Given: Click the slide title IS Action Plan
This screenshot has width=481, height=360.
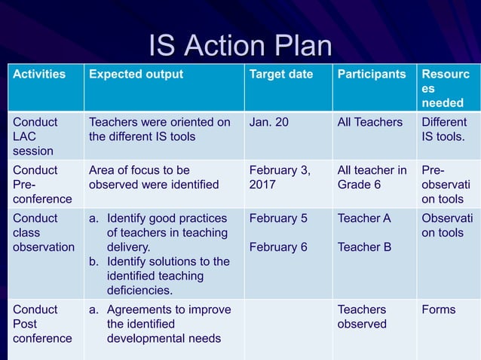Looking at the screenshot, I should tap(240, 46).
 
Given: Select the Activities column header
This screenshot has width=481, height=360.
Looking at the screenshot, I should tap(38, 75).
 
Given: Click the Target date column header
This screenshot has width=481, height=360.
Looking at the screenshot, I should tap(281, 75).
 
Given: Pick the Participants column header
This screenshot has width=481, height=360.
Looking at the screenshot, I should tap(372, 75).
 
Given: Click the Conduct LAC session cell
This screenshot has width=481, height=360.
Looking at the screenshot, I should tap(35, 136).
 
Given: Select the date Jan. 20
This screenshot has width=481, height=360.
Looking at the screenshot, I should tap(268, 122).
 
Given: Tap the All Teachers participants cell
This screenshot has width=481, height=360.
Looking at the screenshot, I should tap(370, 122).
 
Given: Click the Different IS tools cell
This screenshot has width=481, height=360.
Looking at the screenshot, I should tap(444, 130).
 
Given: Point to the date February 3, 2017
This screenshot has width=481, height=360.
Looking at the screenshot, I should tap(279, 177).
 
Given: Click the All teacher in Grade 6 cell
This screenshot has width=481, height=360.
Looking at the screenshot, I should tap(372, 177).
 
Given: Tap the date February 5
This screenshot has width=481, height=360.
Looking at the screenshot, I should tap(278, 218).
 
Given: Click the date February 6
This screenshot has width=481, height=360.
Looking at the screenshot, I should tap(278, 247).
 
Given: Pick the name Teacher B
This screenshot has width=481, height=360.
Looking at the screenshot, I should tap(364, 247).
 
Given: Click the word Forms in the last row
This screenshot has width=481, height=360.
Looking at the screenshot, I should tap(439, 310).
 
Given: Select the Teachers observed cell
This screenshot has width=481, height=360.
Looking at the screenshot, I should tap(362, 317).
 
